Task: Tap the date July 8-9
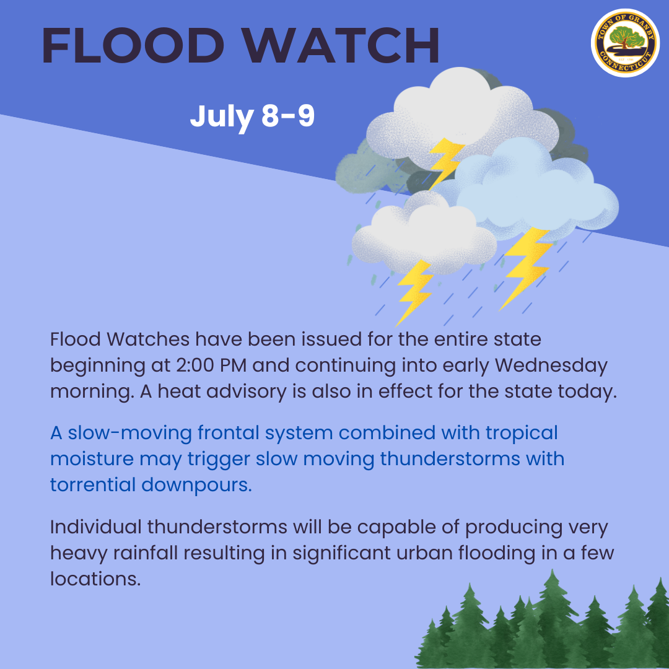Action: tap(252, 116)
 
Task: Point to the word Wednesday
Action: tap(552, 365)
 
